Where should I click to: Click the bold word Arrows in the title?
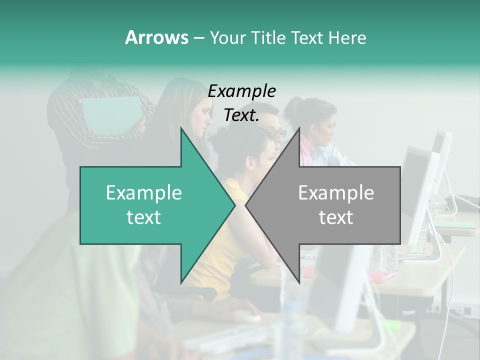(156, 37)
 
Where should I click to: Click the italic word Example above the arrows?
(242, 91)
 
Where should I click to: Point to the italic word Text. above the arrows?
(241, 115)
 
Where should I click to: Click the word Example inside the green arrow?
(144, 193)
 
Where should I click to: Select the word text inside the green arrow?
(144, 217)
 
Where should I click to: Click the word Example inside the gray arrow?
(336, 193)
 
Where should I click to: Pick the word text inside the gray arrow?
(336, 217)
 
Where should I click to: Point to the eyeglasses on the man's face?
(277, 133)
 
